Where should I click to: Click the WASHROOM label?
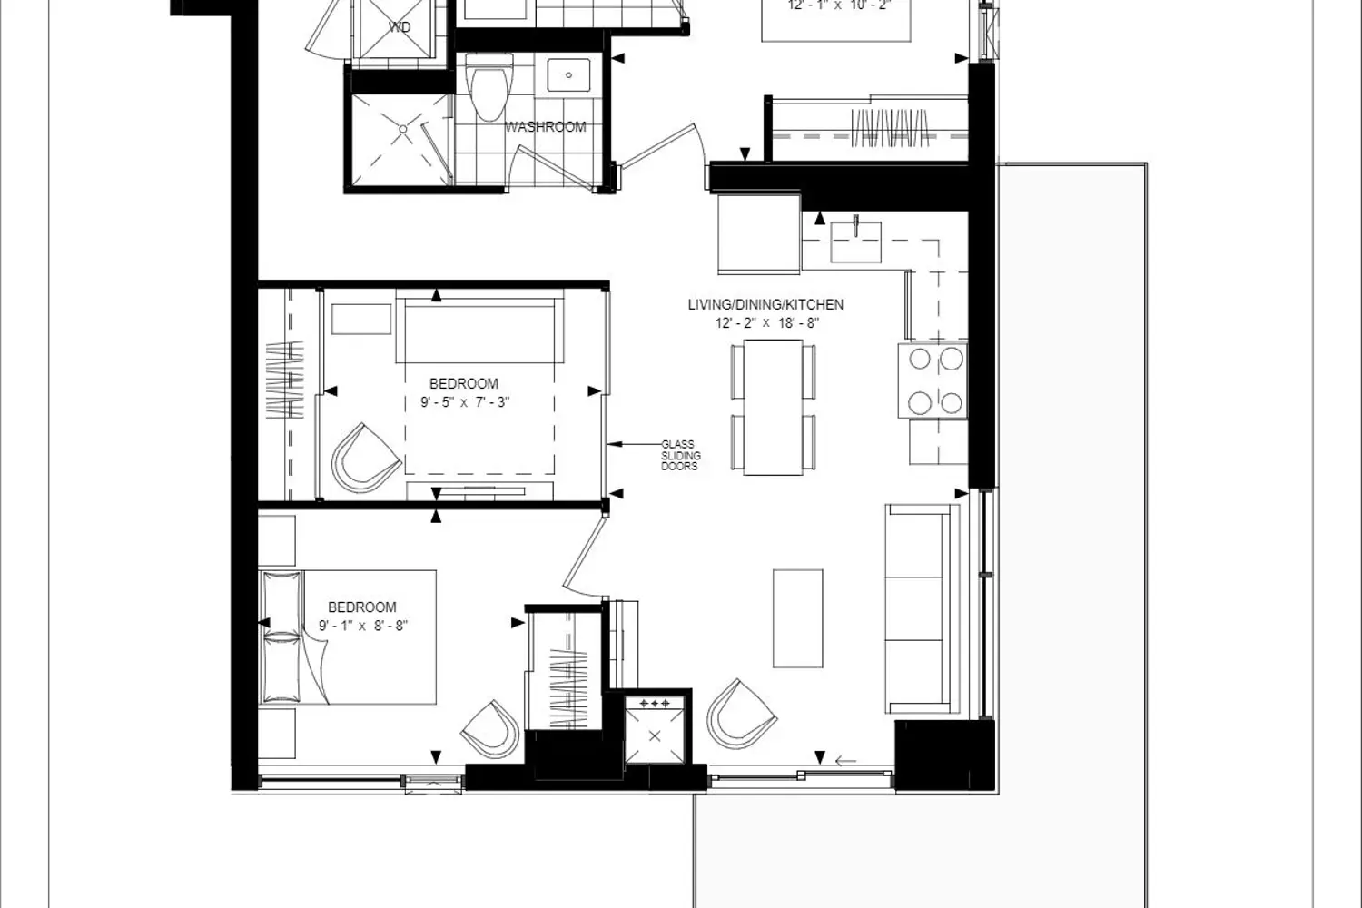click(545, 127)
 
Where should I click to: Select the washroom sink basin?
click(568, 75)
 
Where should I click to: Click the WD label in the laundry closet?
click(400, 27)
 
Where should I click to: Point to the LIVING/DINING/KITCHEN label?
click(765, 305)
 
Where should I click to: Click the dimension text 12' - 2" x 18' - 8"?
click(765, 323)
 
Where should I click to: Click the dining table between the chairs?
click(773, 407)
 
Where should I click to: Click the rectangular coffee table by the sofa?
click(797, 617)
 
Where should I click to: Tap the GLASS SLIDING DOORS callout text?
click(679, 456)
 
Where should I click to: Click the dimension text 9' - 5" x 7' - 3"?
click(465, 401)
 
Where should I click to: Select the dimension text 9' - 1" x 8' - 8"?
click(362, 626)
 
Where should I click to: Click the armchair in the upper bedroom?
click(366, 458)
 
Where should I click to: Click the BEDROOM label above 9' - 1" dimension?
click(361, 607)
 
